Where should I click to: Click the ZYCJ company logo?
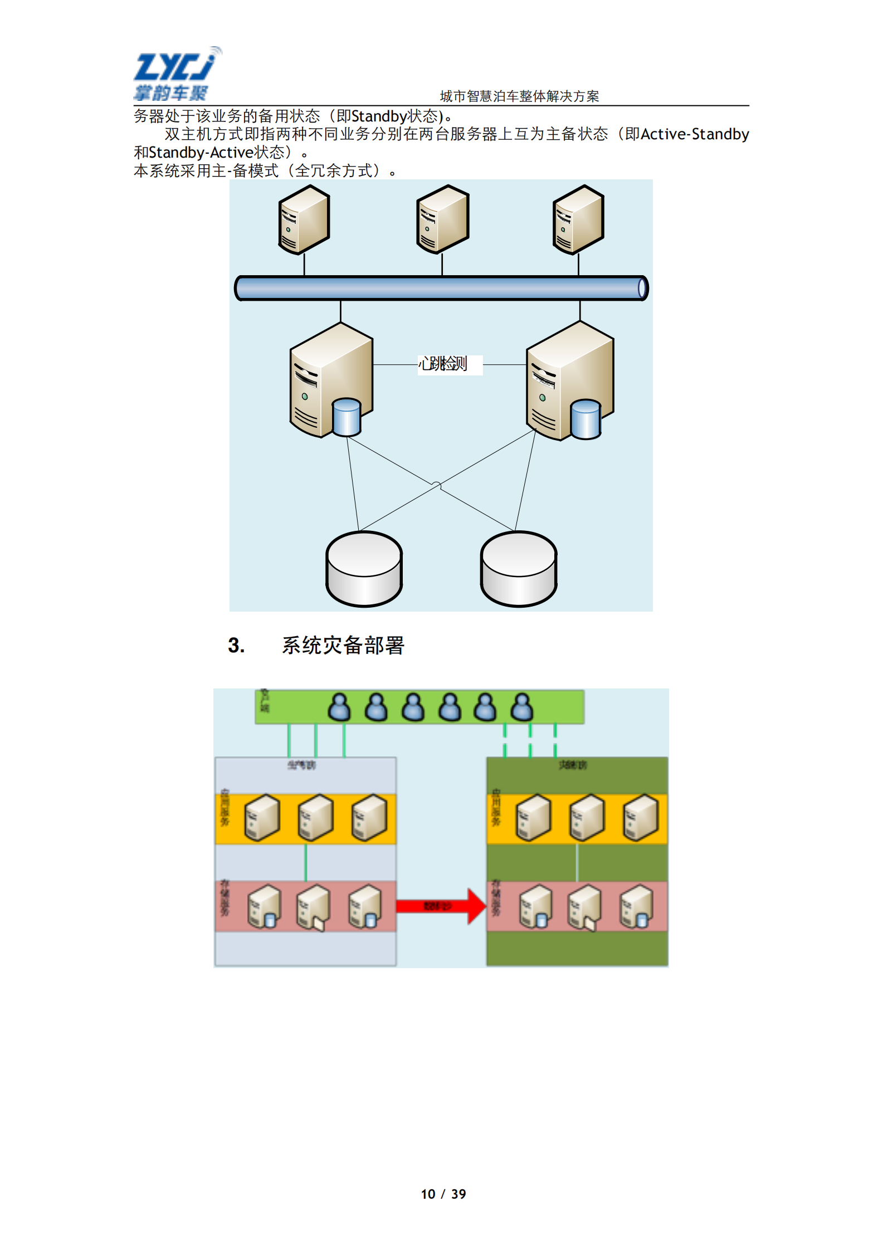click(x=175, y=74)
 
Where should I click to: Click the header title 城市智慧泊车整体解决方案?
click(x=519, y=96)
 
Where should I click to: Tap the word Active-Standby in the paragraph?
click(x=694, y=134)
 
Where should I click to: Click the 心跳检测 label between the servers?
click(x=444, y=364)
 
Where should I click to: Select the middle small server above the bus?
click(x=442, y=219)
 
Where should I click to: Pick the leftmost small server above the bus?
click(x=304, y=219)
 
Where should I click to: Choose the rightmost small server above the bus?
click(x=578, y=219)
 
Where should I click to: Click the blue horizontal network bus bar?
click(x=441, y=288)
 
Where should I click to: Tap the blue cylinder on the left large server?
click(x=347, y=417)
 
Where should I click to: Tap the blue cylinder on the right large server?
click(x=586, y=419)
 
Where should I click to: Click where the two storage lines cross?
click(x=437, y=485)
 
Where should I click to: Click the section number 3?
click(x=236, y=646)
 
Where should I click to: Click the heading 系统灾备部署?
click(x=343, y=646)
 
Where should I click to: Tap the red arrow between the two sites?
click(x=440, y=906)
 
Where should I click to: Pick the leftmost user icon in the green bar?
click(x=339, y=707)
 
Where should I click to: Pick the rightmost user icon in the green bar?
click(x=521, y=707)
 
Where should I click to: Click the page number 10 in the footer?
click(x=428, y=1194)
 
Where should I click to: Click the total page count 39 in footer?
click(x=458, y=1194)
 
